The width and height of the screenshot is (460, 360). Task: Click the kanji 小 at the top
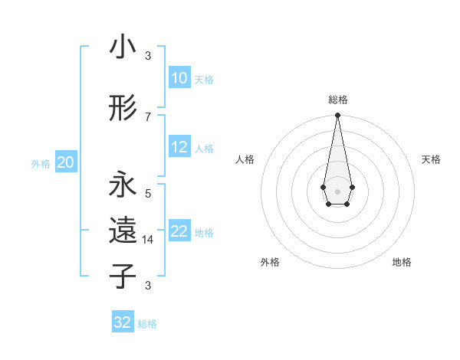click(123, 47)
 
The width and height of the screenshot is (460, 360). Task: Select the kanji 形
click(123, 109)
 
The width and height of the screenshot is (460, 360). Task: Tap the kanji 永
click(123, 185)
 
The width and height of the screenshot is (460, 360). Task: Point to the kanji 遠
click(123, 231)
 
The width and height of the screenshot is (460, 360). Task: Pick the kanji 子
click(123, 276)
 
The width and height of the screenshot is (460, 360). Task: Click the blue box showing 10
click(179, 78)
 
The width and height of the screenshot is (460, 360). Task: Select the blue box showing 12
click(179, 148)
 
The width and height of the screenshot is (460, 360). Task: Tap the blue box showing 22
click(179, 232)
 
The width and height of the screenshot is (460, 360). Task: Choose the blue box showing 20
click(66, 162)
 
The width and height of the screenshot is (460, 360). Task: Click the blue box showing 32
click(123, 322)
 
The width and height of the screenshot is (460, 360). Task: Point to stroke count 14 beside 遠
click(148, 240)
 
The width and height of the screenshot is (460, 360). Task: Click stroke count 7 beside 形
click(148, 116)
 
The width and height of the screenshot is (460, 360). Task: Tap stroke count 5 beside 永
click(148, 194)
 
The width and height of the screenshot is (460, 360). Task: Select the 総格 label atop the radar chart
click(337, 100)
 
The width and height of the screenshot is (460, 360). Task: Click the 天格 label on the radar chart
click(431, 159)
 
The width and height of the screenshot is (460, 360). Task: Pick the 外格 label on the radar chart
click(270, 262)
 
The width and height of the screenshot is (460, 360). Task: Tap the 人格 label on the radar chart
click(245, 159)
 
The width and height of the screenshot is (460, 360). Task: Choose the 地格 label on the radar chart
click(402, 262)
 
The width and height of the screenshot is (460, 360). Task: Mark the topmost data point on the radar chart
click(337, 116)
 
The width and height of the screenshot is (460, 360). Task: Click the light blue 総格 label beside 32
click(147, 324)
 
